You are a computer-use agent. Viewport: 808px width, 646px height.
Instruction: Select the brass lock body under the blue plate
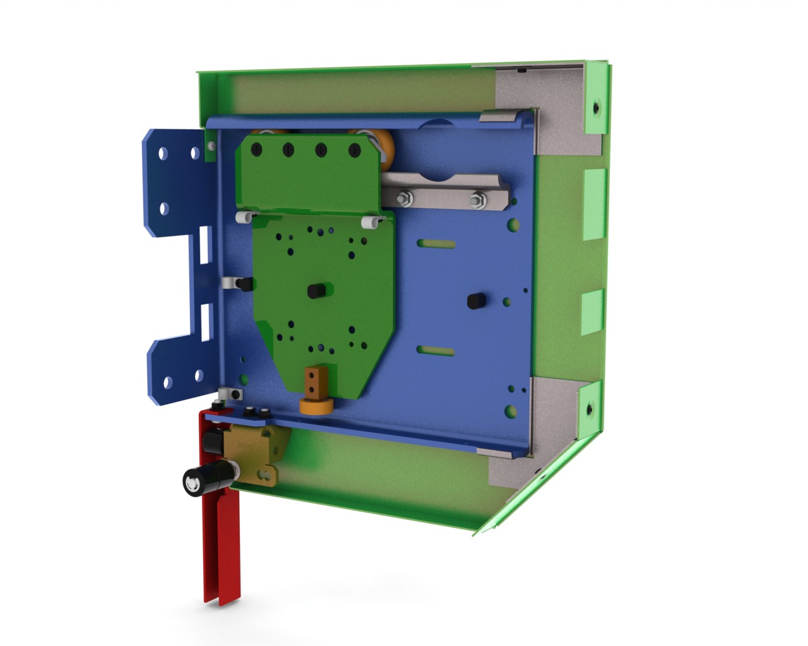pyautogui.click(x=255, y=454)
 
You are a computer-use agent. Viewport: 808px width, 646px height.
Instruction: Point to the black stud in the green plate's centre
pyautogui.click(x=314, y=291)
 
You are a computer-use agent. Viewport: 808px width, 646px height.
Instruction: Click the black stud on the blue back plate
pyautogui.click(x=474, y=301)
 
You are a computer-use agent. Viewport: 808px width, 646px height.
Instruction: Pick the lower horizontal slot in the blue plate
pyautogui.click(x=436, y=351)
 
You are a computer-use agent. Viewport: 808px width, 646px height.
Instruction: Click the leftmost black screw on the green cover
pyautogui.click(x=256, y=150)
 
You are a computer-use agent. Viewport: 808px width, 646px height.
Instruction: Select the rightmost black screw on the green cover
pyautogui.click(x=355, y=150)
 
